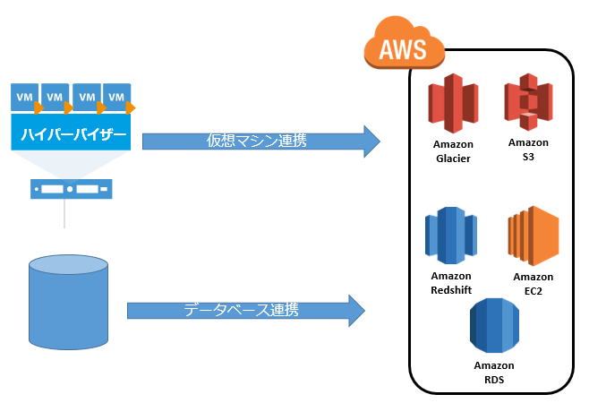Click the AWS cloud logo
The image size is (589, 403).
click(405, 44)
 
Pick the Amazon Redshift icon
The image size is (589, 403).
click(450, 234)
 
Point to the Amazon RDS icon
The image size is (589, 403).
click(495, 324)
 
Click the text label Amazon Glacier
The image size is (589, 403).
click(453, 152)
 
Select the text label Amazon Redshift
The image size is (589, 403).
click(450, 282)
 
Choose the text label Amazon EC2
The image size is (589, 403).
click(534, 283)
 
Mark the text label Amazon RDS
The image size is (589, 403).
click(494, 372)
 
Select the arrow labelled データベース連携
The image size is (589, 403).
click(246, 310)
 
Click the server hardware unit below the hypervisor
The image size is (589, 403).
click(70, 189)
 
